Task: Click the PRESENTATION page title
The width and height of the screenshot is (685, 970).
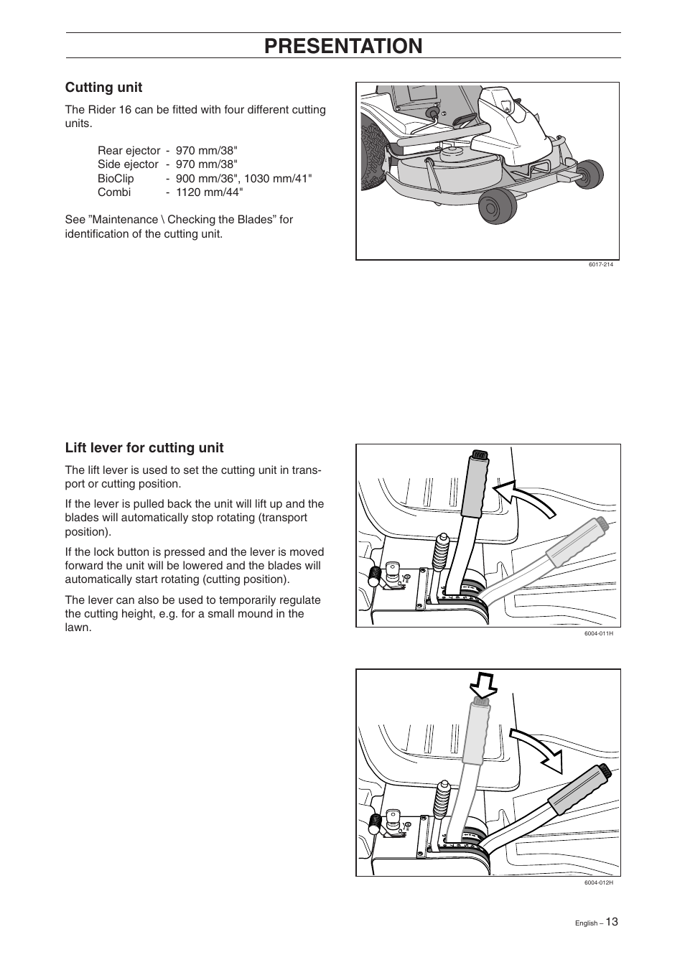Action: click(343, 45)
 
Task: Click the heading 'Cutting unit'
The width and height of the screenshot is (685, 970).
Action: click(103, 88)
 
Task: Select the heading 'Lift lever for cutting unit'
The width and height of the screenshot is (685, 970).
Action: click(144, 448)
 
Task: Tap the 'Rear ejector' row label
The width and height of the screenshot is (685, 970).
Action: click(129, 151)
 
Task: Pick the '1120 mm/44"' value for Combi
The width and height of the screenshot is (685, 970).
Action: click(209, 192)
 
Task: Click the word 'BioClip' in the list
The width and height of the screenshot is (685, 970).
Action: click(116, 179)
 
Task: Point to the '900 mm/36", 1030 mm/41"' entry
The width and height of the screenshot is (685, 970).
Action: click(243, 179)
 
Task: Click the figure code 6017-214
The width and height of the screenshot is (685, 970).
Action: click(600, 265)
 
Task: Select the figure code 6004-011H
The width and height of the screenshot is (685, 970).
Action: click(598, 634)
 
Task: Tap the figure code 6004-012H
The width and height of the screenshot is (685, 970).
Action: click(598, 882)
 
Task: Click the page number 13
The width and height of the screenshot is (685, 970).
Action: click(611, 922)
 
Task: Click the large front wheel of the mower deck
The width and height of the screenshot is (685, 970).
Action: click(495, 207)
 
